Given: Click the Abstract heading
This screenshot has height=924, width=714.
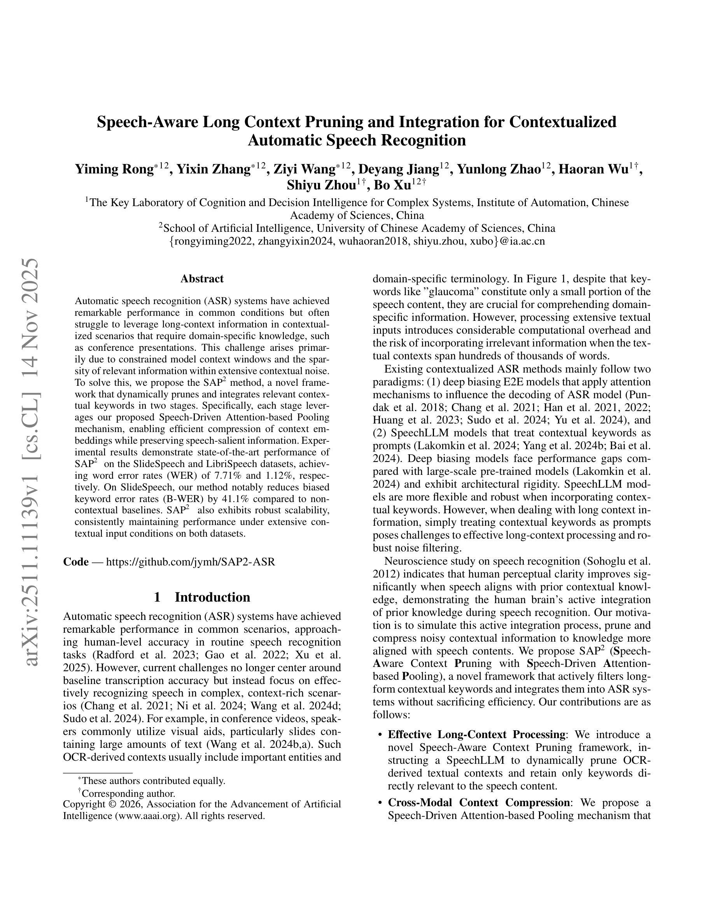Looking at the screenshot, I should pos(202,279).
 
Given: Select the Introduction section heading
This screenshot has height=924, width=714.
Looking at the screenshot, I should pos(202,597).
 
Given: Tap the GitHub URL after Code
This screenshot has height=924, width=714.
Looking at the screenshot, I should pos(190,562).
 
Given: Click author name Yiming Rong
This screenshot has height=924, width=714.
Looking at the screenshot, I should pos(114,169).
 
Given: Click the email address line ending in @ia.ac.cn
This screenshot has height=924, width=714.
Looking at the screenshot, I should pos(357,241).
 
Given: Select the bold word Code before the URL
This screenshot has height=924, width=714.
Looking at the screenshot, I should pos(76,562).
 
